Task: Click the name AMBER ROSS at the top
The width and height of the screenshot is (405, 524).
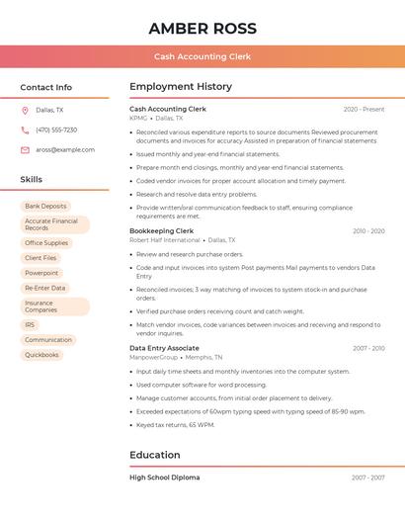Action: coord(202,29)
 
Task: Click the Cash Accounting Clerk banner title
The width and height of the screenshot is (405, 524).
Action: coord(202,57)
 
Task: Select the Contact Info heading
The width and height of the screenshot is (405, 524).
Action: coord(46,87)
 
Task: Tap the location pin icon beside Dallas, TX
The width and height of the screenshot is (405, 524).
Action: coord(25,110)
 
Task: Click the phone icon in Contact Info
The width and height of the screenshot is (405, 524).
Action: coord(25,130)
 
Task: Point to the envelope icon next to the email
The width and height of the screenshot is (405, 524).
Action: coord(25,150)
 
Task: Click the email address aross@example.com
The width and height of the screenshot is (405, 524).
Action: coord(65,150)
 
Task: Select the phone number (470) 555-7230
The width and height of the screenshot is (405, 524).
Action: coord(56,130)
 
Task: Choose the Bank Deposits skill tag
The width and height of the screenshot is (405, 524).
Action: coord(46,207)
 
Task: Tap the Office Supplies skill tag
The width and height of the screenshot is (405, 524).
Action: coord(46,243)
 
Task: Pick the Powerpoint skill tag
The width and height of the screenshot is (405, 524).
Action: coord(41,273)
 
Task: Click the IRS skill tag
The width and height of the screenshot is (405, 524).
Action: coord(30,324)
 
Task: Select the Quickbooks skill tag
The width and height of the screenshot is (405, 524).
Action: coord(41,355)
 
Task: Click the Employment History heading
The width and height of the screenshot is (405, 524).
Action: coord(181,87)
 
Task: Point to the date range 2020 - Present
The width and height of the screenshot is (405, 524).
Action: coord(364,110)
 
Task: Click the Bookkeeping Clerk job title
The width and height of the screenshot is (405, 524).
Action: coord(161,230)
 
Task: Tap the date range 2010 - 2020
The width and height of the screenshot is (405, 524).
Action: coord(368,231)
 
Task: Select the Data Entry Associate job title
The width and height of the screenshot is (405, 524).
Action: coord(164,348)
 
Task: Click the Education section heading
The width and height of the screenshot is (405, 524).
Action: coord(155,456)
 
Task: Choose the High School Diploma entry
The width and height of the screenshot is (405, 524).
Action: coord(164,478)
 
